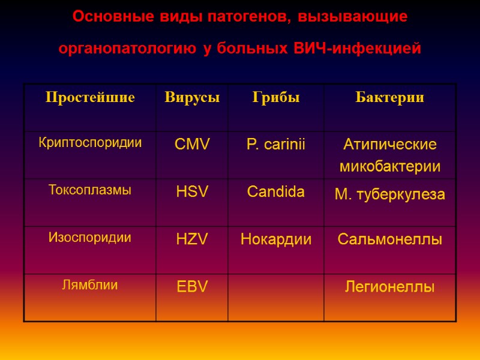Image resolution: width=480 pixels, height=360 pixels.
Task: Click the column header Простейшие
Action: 90,97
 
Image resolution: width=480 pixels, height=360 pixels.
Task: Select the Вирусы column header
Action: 192,97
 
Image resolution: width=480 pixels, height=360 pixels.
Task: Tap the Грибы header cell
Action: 276,97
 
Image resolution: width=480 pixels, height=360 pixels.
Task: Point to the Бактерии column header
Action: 390,97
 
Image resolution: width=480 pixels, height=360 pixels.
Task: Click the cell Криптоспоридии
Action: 90,143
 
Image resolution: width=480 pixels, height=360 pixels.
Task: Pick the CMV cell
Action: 192,144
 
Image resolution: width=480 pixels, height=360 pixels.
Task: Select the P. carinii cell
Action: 276,144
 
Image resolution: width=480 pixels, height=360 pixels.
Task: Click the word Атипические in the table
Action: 390,145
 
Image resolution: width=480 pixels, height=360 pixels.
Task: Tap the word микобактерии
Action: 390,166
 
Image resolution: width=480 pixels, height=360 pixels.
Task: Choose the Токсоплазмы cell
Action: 90,190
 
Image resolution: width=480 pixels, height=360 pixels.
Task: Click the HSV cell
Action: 192,192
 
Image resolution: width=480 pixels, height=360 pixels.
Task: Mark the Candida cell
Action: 276,192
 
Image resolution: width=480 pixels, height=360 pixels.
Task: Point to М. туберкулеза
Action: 390,194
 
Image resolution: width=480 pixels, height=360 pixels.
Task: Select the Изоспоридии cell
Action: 90,238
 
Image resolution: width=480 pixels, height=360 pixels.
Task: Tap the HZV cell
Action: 192,239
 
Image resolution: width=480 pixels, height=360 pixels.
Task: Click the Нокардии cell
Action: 276,239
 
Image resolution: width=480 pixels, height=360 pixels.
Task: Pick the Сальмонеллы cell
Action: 390,240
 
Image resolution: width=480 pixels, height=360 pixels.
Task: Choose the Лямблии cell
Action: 90,285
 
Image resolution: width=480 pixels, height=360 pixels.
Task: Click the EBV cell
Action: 192,287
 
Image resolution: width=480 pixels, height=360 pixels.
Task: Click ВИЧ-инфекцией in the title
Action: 358,48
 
